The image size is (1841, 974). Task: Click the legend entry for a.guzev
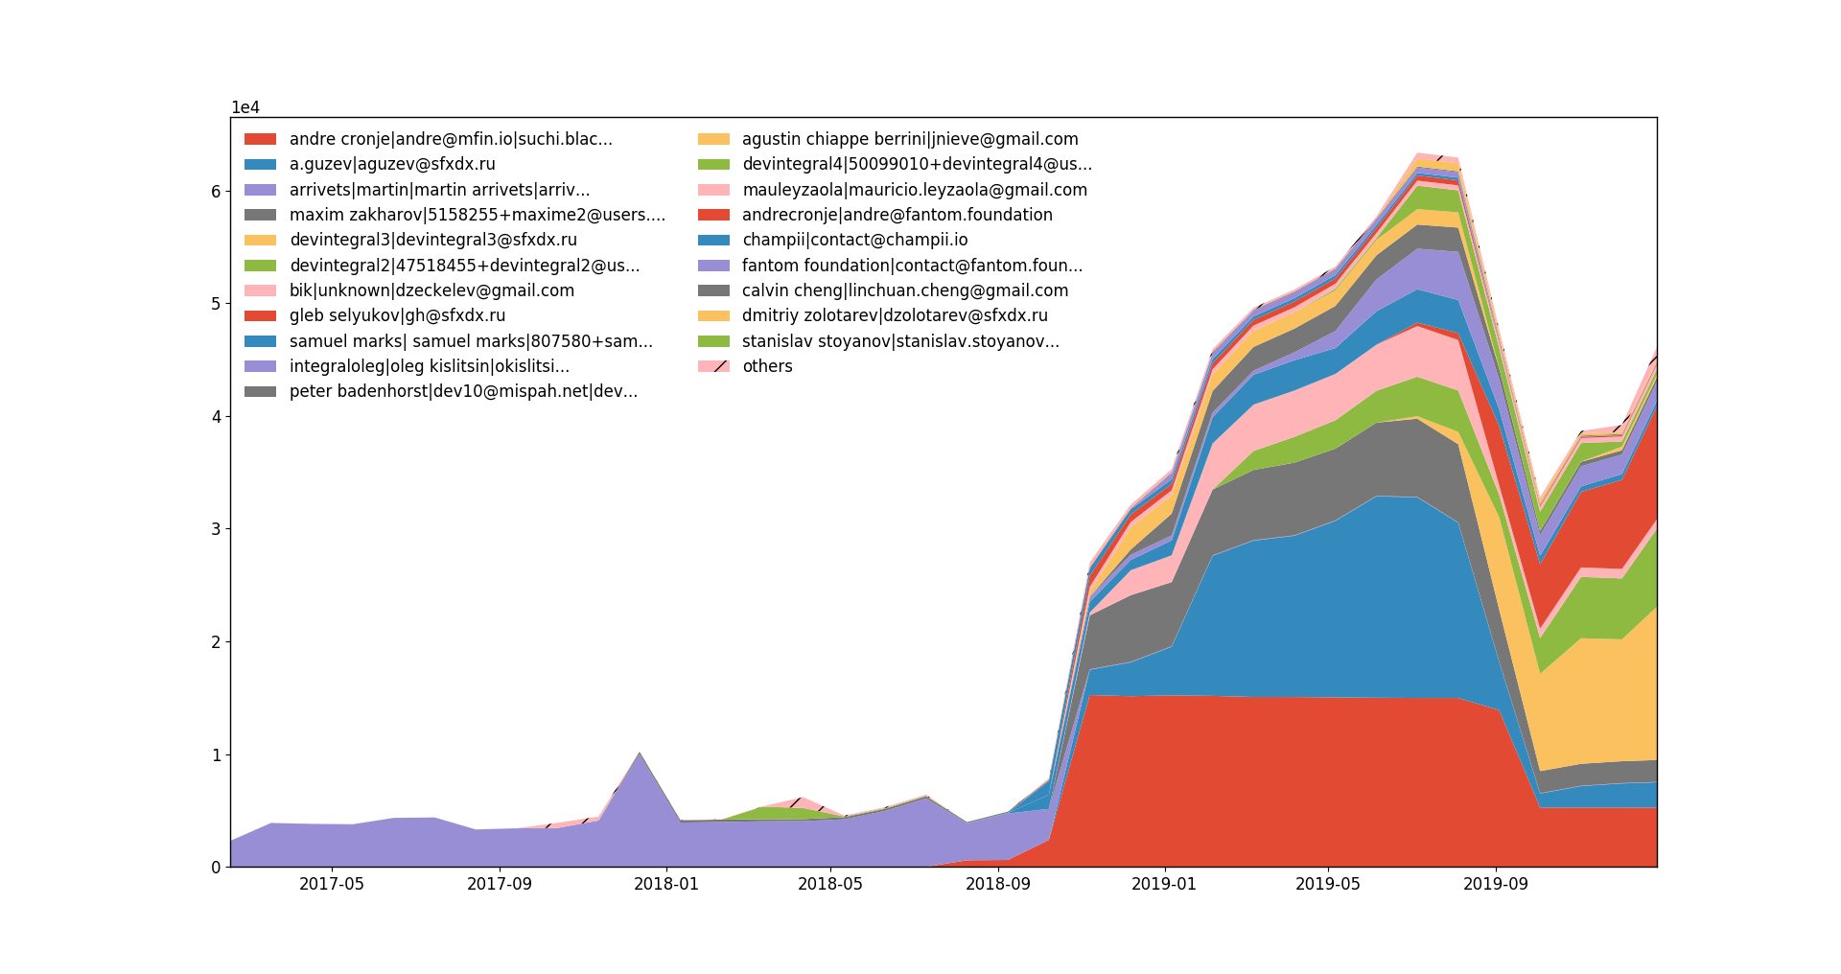click(392, 164)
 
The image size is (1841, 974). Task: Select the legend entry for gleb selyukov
click(397, 315)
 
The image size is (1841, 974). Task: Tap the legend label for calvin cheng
click(904, 290)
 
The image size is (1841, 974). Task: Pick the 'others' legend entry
click(766, 366)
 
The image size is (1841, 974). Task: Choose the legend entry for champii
click(854, 240)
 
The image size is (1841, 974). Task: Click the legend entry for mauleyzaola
click(914, 190)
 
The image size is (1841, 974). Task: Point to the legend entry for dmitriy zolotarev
click(895, 315)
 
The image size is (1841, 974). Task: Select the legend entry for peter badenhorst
click(463, 391)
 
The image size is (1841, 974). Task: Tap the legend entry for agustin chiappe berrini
click(910, 139)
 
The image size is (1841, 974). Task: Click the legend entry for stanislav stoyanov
click(900, 341)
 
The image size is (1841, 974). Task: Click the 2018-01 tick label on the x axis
click(666, 884)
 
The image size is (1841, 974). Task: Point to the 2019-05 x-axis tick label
click(1328, 884)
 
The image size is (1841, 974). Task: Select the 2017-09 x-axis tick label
click(500, 884)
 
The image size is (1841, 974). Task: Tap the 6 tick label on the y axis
click(216, 192)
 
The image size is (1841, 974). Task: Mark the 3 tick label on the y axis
click(216, 529)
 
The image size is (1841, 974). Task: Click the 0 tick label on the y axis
click(216, 868)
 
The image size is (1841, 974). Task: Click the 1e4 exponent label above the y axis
click(245, 107)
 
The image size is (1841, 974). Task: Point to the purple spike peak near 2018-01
click(640, 754)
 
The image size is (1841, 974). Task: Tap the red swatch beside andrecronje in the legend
click(713, 215)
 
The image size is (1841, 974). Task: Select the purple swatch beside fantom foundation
click(713, 266)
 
